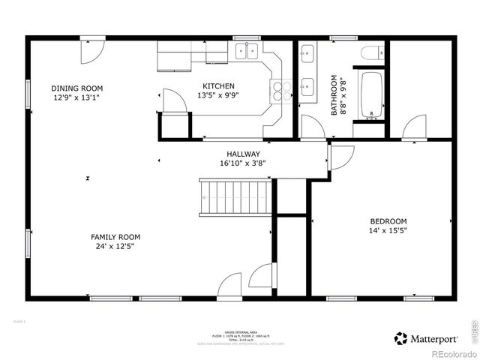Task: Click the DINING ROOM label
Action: click(x=76, y=88)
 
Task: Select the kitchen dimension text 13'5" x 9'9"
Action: click(x=216, y=96)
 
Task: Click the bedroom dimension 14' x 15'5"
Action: click(x=388, y=231)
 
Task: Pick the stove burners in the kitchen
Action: click(x=281, y=91)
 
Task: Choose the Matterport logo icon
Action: click(x=401, y=338)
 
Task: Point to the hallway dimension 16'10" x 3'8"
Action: click(x=243, y=163)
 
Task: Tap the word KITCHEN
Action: click(x=218, y=86)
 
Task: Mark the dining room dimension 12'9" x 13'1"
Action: click(x=76, y=97)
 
